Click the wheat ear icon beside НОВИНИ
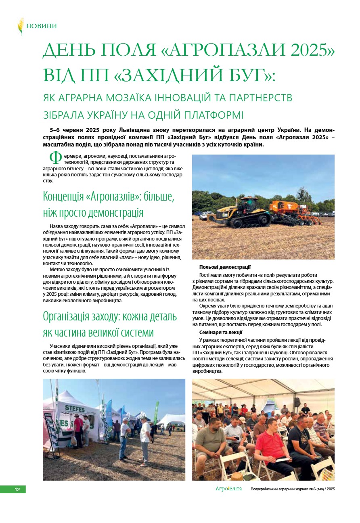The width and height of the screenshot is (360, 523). point(21,26)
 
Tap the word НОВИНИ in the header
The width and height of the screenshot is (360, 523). point(42,26)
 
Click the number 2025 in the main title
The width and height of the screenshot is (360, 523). point(309,50)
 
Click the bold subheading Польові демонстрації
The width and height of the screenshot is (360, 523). point(225,267)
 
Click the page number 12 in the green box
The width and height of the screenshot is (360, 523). point(17,490)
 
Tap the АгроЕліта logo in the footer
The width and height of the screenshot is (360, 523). point(228,489)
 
